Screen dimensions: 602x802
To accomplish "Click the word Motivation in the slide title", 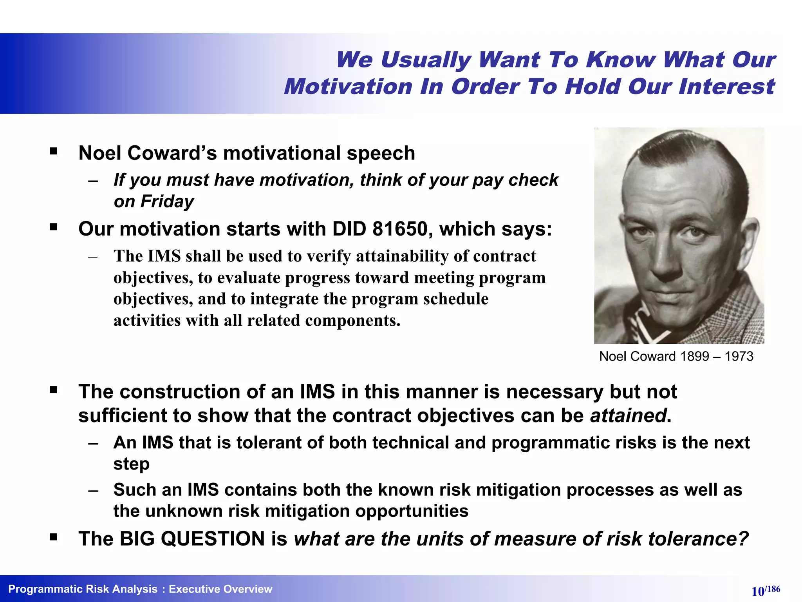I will (348, 87).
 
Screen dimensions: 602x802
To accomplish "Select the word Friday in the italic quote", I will (167, 201).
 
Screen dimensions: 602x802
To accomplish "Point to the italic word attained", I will (628, 415).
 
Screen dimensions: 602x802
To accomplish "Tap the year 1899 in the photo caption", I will (695, 356).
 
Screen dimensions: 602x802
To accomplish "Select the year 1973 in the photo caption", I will (739, 356).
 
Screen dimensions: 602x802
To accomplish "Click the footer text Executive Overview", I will (220, 589).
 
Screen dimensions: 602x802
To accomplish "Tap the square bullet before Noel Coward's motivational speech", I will (54, 151).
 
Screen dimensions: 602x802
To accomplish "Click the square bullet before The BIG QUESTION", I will (54, 537).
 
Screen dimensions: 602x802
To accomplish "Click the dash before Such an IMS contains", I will (93, 490).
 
